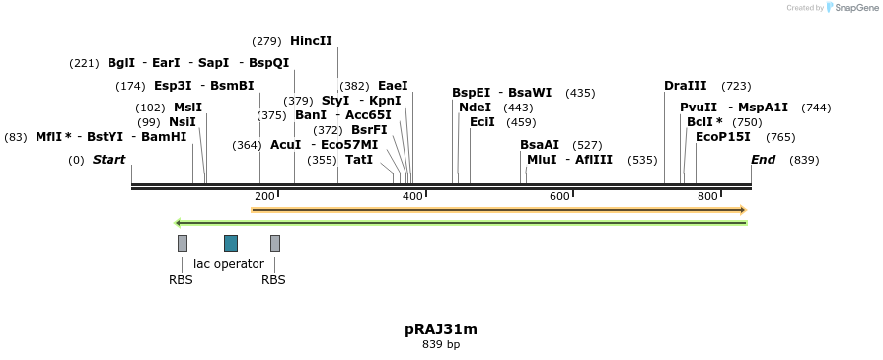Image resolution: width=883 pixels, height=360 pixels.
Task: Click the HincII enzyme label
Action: [x=311, y=41]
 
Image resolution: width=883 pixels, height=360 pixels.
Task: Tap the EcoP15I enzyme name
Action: [x=723, y=137]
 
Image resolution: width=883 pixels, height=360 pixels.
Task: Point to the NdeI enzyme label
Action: [x=475, y=108]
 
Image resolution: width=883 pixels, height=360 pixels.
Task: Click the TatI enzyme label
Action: [x=359, y=160]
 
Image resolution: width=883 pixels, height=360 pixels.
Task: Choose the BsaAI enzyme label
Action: [x=540, y=145]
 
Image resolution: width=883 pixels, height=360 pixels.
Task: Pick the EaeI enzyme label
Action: [x=393, y=86]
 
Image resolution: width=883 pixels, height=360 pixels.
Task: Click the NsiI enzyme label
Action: [x=183, y=122]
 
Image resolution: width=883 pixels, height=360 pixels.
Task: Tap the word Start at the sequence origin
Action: [x=109, y=160]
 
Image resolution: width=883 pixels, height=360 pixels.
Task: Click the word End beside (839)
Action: [x=763, y=160]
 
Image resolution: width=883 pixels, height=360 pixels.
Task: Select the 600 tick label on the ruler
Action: [x=560, y=196]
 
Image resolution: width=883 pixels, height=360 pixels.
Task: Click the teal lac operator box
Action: [x=231, y=243]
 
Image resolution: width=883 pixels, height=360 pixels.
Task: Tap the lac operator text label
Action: [x=229, y=264]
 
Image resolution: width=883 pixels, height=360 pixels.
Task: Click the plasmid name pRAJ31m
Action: [x=441, y=329]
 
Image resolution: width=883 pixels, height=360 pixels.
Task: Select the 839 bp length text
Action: [x=441, y=345]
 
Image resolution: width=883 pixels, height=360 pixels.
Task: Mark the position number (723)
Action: [x=736, y=86]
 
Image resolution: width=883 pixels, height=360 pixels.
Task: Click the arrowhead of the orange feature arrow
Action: [x=742, y=210]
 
